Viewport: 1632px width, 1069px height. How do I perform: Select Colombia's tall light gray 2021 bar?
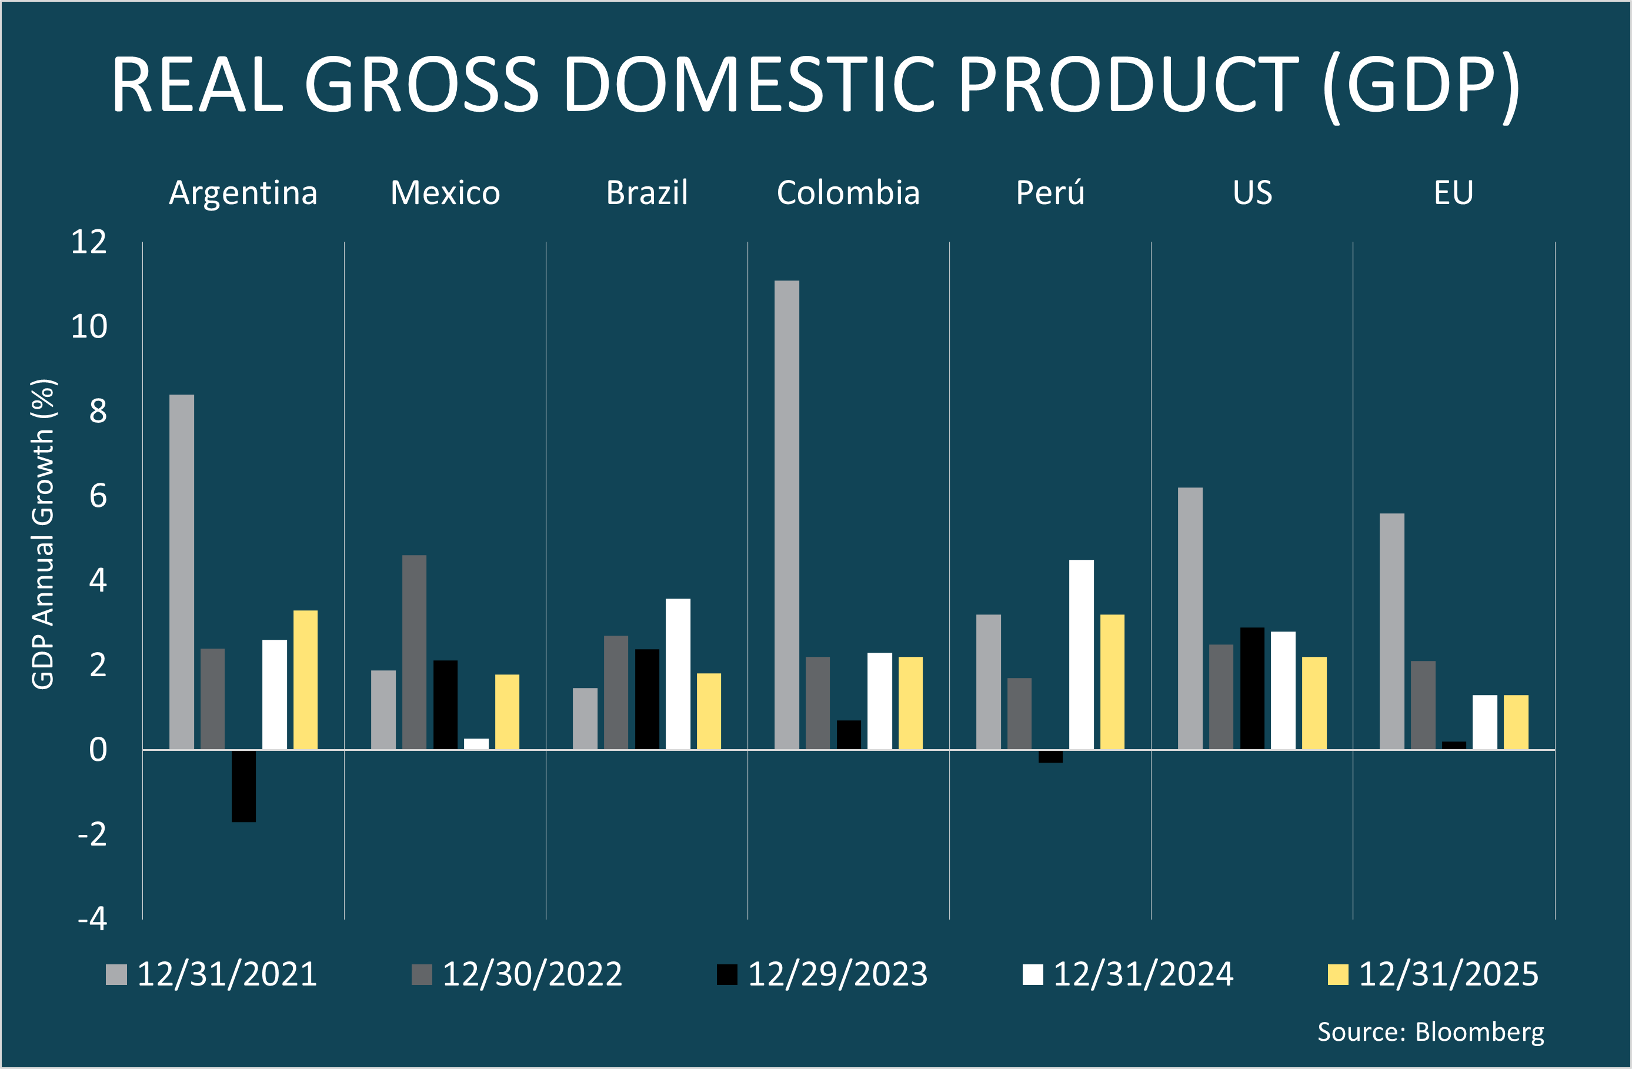(x=786, y=515)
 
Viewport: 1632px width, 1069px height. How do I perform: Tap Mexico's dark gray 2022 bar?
(x=414, y=652)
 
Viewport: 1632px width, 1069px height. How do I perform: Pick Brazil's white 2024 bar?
(x=678, y=673)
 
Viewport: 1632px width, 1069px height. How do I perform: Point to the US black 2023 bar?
(x=1252, y=688)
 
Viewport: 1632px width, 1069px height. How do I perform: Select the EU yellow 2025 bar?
(x=1516, y=722)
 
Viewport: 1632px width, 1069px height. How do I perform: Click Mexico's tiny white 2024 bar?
(x=476, y=743)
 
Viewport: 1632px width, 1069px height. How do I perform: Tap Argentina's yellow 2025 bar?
(x=305, y=680)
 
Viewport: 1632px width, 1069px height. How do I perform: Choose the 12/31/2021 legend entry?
(x=212, y=974)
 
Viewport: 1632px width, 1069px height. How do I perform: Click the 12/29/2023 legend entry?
(x=823, y=974)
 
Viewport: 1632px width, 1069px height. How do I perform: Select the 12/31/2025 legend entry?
(x=1434, y=974)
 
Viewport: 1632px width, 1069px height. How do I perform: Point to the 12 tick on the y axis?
(x=89, y=243)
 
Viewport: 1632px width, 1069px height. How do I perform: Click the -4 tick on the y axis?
(x=92, y=919)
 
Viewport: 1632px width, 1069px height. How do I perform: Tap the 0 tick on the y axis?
(x=98, y=750)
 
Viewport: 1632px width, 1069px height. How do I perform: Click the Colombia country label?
(x=847, y=193)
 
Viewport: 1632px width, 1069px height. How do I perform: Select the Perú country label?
(x=1050, y=193)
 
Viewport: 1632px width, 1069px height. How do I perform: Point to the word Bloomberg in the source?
(x=1480, y=1032)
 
